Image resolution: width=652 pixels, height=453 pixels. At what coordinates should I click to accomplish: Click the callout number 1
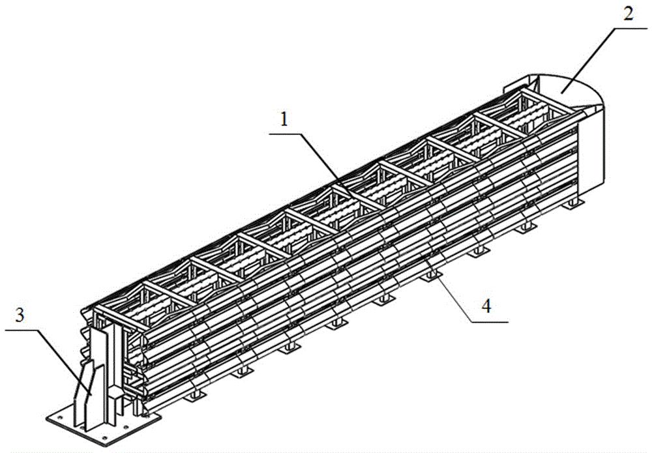[284, 120]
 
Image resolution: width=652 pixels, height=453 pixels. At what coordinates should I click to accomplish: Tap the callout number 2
[629, 14]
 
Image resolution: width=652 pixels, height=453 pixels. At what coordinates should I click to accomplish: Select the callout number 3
[20, 316]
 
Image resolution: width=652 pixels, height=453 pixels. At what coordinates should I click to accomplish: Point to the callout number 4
[486, 307]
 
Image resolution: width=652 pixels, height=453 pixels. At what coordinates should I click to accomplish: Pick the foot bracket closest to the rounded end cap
[571, 203]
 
